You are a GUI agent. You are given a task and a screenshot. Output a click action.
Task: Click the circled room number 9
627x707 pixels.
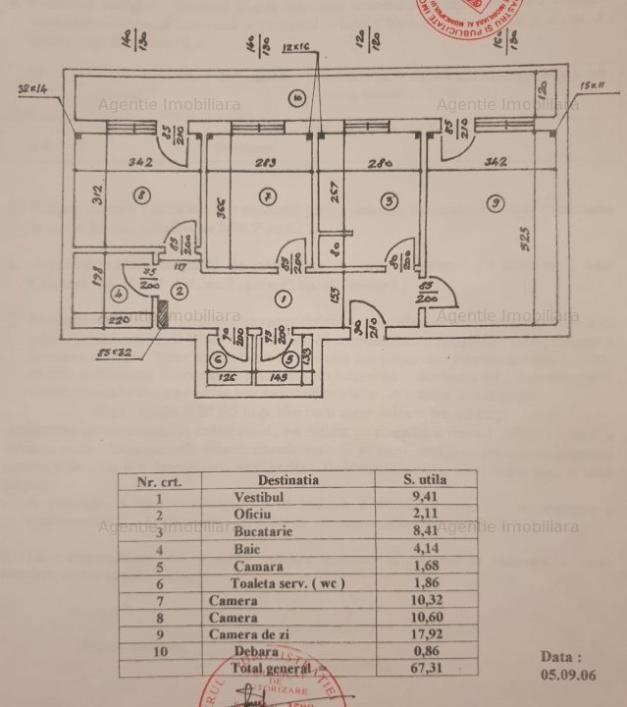[497, 202]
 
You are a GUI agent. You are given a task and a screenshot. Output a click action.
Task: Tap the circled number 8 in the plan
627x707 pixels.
[143, 196]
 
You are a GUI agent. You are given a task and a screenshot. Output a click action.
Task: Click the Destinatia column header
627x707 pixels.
[287, 480]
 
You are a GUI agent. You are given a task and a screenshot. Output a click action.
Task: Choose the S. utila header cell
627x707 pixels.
[426, 480]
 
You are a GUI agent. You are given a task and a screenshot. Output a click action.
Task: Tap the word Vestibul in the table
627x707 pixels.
[259, 498]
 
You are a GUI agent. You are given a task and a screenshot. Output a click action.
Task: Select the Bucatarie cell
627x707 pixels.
[258, 531]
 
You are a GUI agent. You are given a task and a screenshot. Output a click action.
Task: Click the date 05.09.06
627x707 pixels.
[568, 677]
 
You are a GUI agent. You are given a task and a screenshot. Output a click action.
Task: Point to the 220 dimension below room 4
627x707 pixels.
[118, 320]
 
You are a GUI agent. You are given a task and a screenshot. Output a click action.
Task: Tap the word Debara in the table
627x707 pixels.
[255, 651]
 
